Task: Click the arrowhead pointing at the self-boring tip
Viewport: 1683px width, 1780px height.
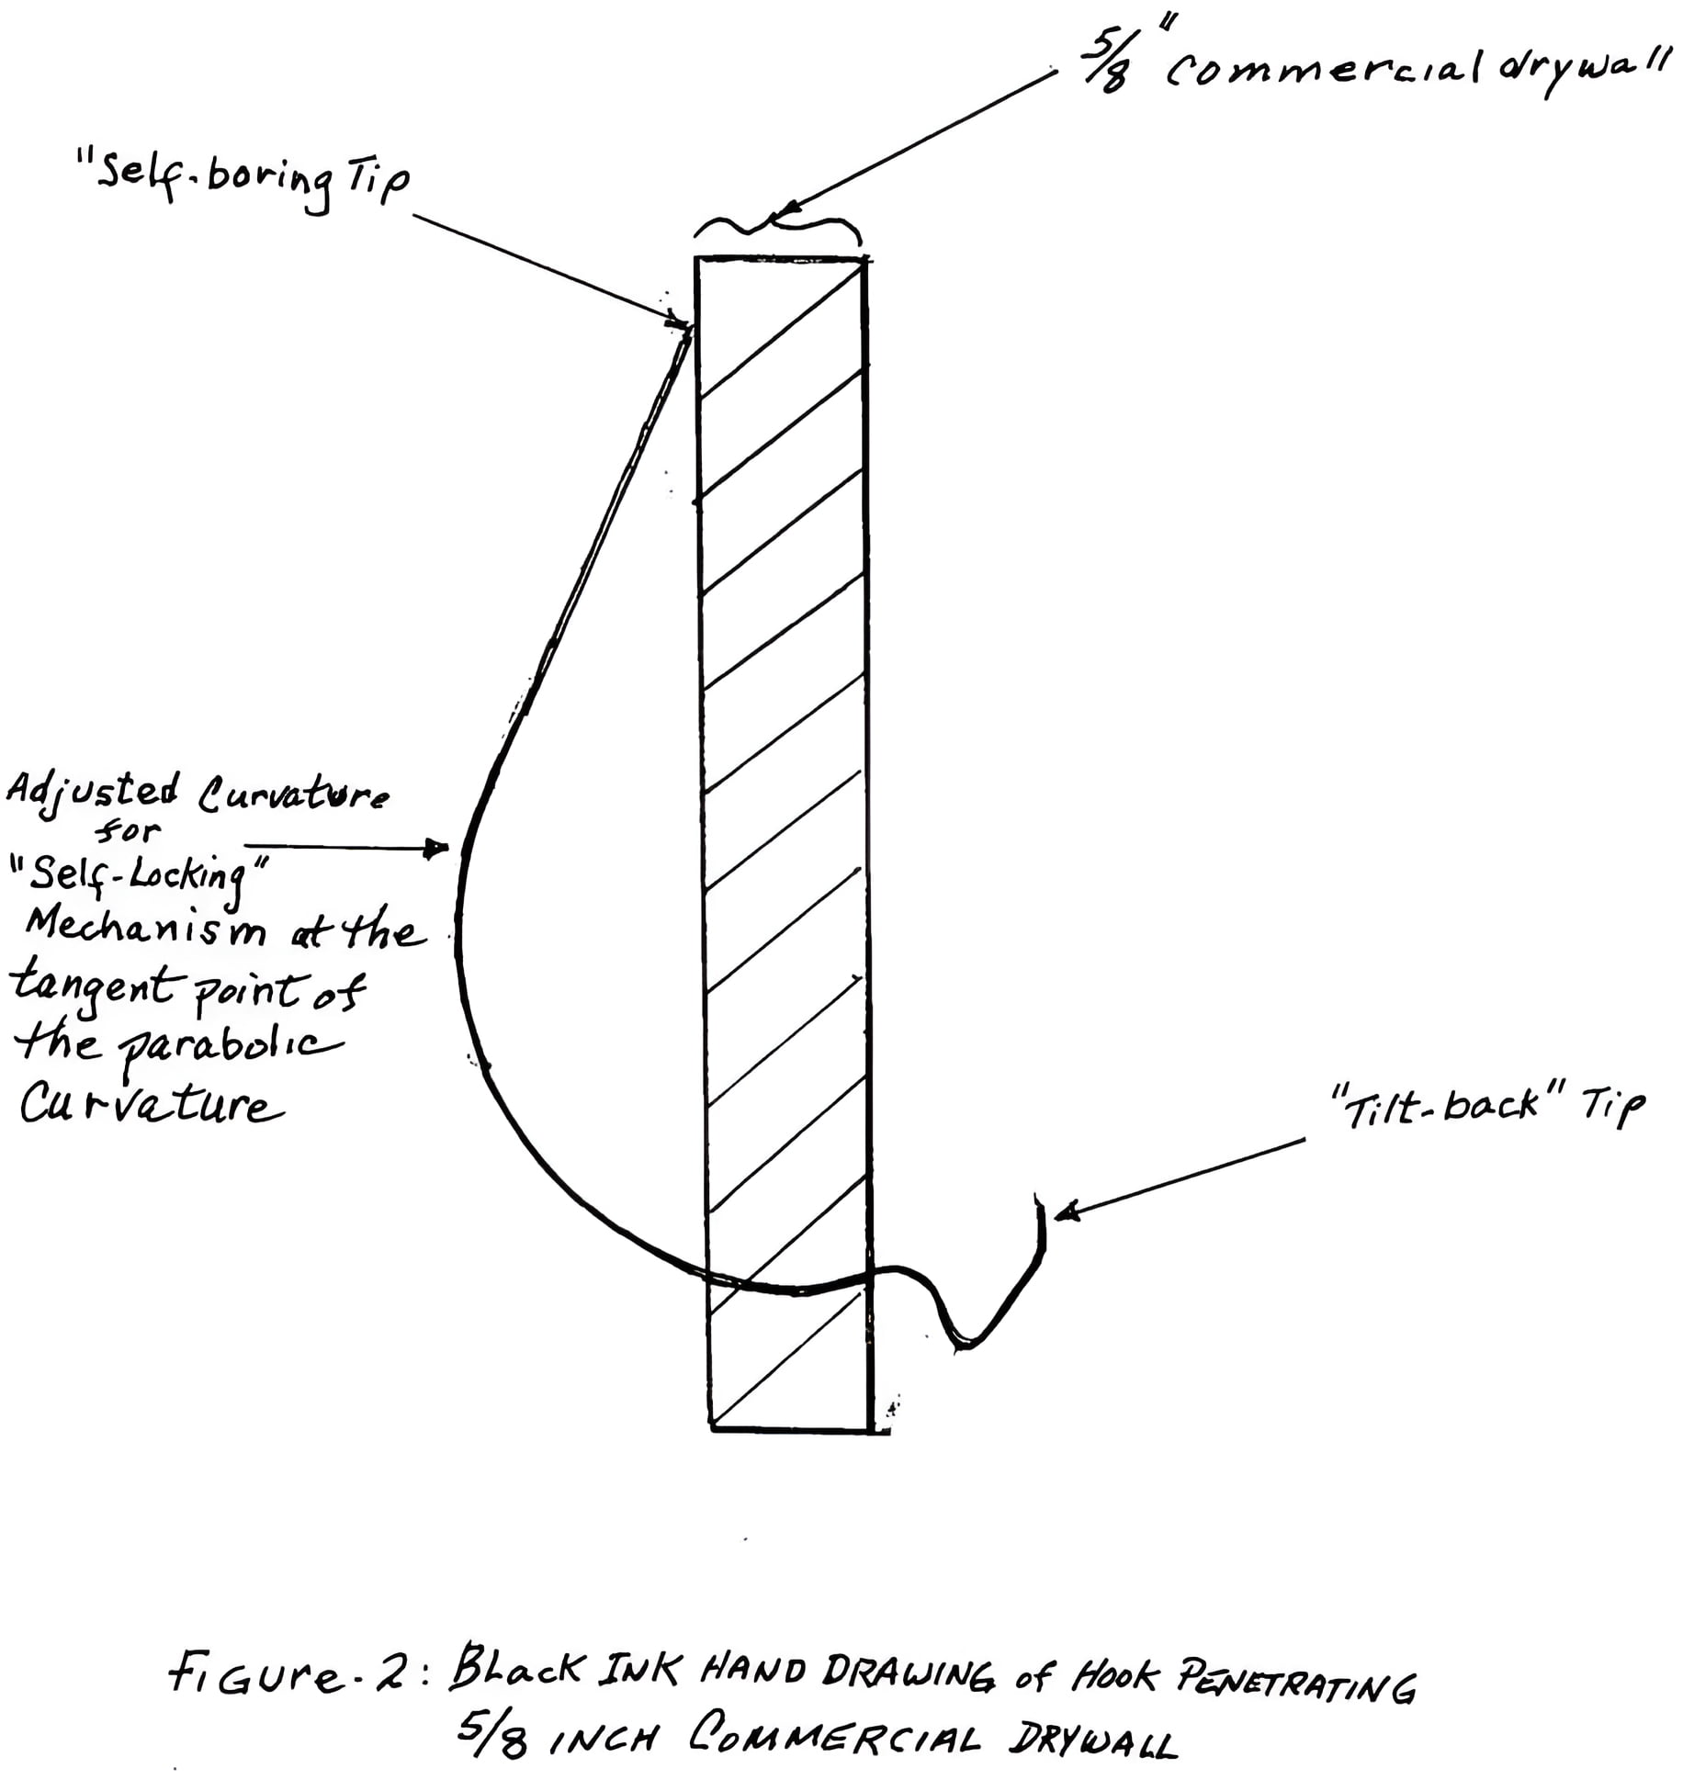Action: click(680, 321)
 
